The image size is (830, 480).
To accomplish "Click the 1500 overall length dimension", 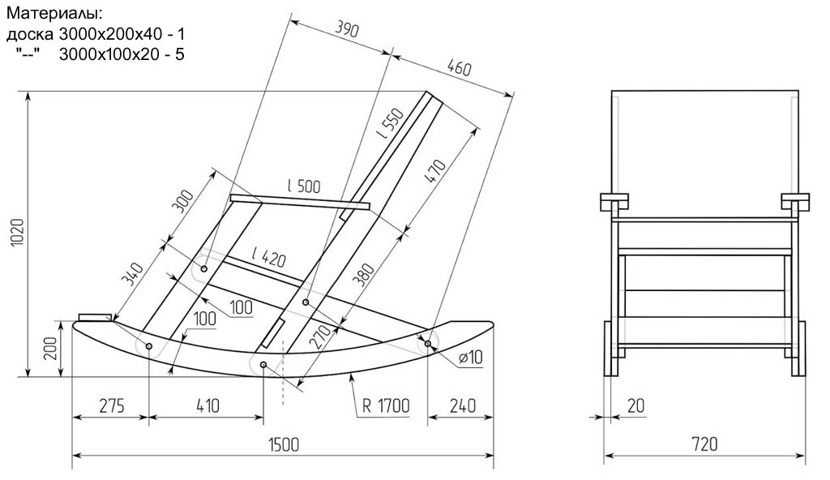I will click(283, 445).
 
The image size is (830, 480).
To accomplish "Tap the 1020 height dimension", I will click(17, 234).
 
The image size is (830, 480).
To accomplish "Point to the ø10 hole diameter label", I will click(469, 358).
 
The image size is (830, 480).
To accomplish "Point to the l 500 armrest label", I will click(302, 186).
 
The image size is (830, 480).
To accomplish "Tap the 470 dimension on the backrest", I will click(436, 173).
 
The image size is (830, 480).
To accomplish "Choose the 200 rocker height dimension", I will click(49, 349).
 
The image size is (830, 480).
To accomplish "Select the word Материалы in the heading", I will click(54, 14).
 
